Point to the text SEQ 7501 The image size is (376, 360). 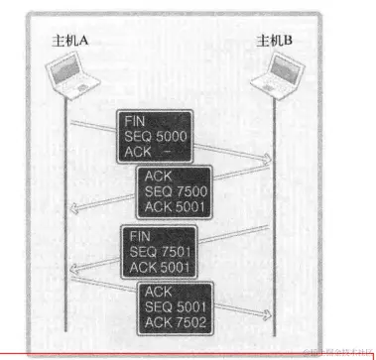[157, 252]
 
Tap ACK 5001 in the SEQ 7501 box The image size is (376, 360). [157, 267]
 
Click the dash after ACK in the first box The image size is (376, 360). [166, 150]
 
